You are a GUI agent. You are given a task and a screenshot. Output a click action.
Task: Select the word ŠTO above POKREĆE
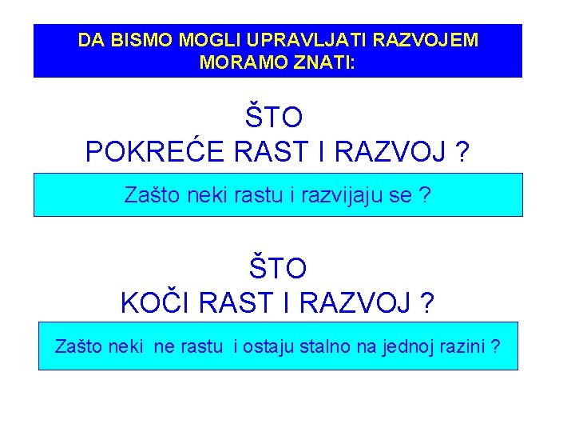(274, 118)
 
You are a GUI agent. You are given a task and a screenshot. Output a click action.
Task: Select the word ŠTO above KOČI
(277, 268)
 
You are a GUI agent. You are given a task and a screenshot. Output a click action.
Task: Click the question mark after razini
(497, 346)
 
